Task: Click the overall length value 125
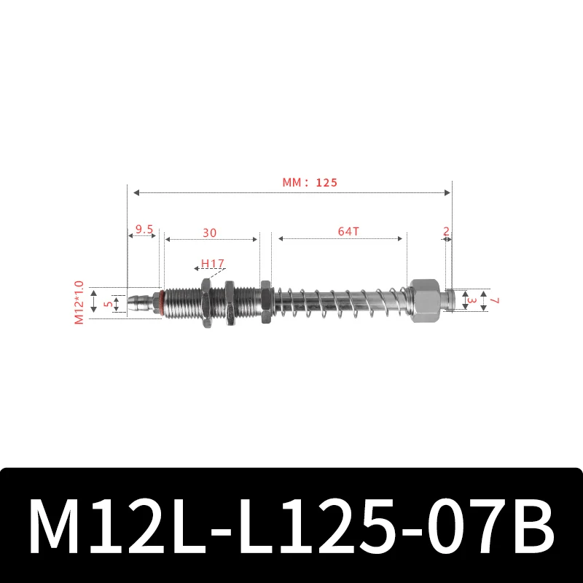(327, 183)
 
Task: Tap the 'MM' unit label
(293, 183)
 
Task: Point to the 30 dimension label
(210, 232)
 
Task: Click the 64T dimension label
(348, 232)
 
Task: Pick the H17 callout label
(212, 263)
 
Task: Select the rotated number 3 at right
(472, 300)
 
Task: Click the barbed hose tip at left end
(140, 300)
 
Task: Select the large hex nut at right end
(424, 300)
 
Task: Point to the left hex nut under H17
(205, 300)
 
